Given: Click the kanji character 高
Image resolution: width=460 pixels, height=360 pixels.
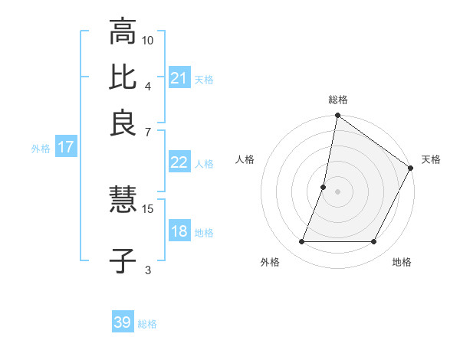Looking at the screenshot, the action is tap(123, 32).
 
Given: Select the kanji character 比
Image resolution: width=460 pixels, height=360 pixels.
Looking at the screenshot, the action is tap(123, 77).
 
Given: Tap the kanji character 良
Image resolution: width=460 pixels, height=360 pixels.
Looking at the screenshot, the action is tap(123, 123).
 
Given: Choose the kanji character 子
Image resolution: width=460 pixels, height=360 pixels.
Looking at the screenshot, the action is tap(123, 261).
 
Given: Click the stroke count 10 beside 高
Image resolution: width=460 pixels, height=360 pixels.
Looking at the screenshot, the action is tap(148, 40).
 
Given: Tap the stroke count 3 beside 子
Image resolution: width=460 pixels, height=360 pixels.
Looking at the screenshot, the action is tap(148, 269).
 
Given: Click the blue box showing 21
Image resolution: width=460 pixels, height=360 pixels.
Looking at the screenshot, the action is tap(179, 77).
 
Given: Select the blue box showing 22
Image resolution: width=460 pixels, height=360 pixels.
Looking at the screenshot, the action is tap(179, 162).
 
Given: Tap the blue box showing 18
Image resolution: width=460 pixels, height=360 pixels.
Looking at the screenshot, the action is tap(179, 231).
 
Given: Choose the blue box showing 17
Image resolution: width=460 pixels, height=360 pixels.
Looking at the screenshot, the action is tap(65, 147).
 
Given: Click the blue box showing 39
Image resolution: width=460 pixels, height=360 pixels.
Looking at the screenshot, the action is tap(123, 322).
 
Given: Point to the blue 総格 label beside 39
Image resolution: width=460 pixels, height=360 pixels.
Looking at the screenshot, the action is tap(147, 324).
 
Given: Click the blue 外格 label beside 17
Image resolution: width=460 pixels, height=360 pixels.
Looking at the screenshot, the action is tap(41, 149).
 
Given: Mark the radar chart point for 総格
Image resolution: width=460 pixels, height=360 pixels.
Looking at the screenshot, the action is tap(337, 116).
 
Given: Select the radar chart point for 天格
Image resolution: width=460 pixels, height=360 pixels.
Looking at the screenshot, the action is tap(411, 169).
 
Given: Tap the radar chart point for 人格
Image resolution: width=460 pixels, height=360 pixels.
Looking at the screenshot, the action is tap(324, 187).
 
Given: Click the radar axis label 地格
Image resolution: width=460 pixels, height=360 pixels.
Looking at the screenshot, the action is tap(402, 263).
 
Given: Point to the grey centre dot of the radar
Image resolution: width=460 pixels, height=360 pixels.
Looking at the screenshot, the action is tap(337, 191).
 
